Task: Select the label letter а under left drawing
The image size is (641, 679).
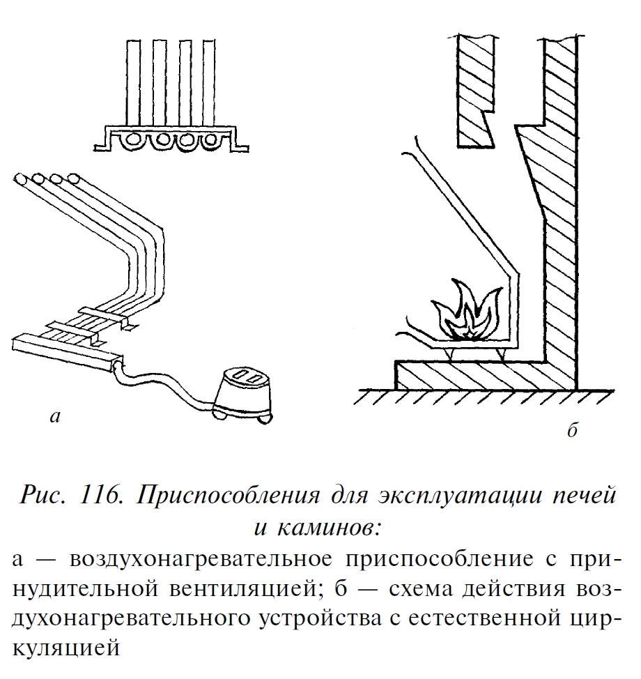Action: tap(56, 418)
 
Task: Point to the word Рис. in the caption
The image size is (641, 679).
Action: tap(44, 496)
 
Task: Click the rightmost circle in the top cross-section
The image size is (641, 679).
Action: tap(212, 142)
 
